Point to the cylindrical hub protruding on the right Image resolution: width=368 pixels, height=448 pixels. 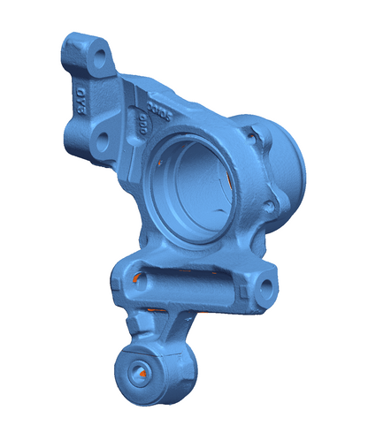(287, 168)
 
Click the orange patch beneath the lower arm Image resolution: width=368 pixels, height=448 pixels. (152, 310)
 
